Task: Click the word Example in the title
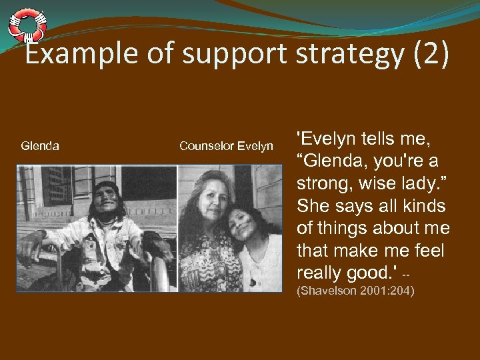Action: coord(77,55)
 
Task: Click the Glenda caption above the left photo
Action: coord(40,145)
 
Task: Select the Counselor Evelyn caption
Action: coord(226,145)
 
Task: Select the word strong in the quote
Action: coord(327,184)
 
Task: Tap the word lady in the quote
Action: coord(426,184)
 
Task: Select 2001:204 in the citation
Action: coord(389,291)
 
